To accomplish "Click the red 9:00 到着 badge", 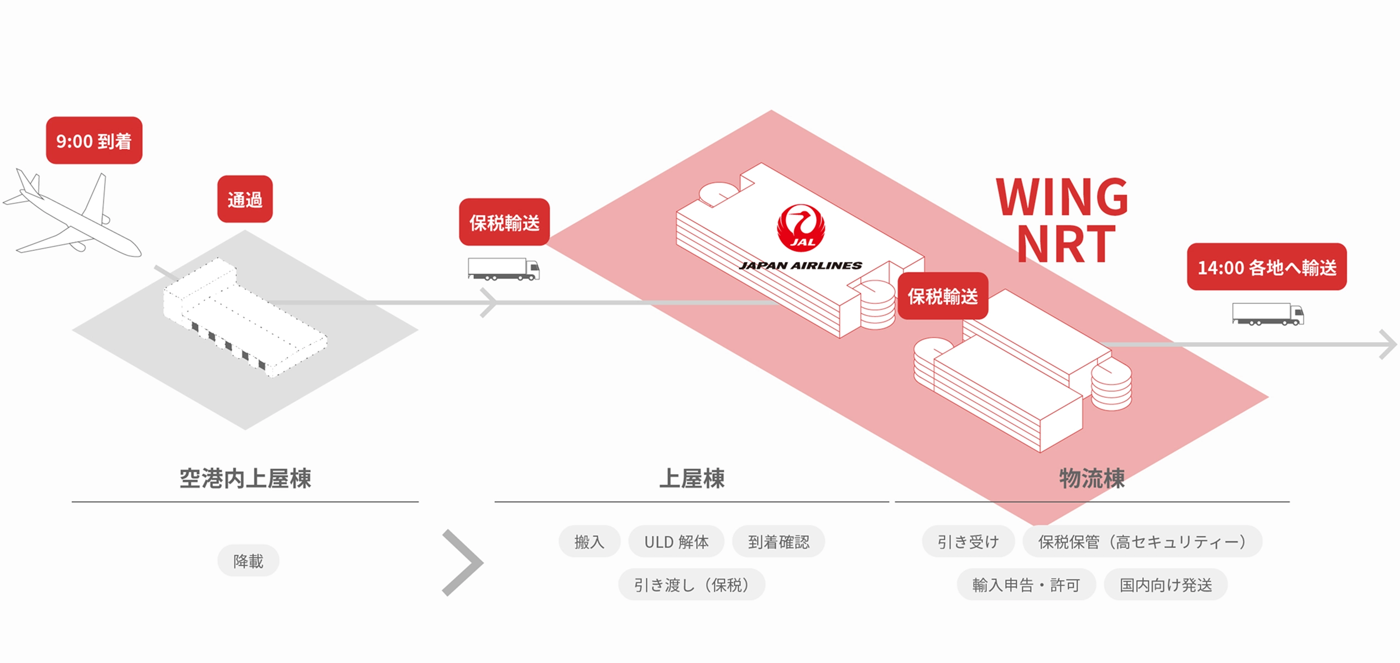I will [94, 140].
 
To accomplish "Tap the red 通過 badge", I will [245, 199].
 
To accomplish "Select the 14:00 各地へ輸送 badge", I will [1266, 267].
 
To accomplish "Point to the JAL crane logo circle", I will [801, 228].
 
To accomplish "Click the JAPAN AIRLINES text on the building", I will [801, 266].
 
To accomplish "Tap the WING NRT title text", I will [1062, 220].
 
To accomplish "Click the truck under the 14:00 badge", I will [1267, 314].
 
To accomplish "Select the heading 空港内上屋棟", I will [245, 478].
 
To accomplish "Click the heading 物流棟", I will [1091, 478].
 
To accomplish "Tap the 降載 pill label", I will [248, 561].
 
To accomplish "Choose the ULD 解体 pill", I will [676, 541].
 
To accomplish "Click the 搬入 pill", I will [589, 541].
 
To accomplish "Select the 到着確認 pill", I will [779, 541].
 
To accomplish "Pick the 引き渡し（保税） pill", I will [691, 585].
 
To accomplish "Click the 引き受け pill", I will [968, 541].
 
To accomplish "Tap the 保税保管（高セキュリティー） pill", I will [1142, 541].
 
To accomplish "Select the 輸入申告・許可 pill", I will [1026, 585].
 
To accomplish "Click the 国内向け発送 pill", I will [1166, 585].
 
